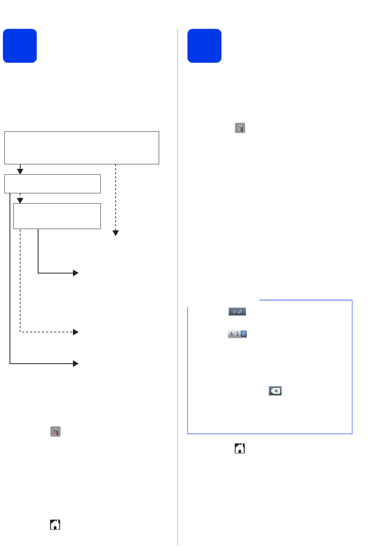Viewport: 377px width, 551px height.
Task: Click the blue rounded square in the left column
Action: [x=20, y=46]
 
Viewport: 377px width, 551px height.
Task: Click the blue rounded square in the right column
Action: [x=204, y=46]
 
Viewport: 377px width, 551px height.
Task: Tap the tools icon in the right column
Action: [x=240, y=128]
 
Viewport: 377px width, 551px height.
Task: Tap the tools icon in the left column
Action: [x=55, y=432]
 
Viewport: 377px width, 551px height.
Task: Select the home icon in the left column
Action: [x=55, y=524]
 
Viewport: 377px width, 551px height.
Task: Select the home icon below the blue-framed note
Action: [x=240, y=448]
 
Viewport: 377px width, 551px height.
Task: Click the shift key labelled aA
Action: [x=237, y=311]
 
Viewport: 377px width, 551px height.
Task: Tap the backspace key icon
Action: [x=275, y=391]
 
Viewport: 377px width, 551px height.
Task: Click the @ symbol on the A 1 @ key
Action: [x=244, y=334]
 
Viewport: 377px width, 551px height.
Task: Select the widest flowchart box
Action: [x=82, y=148]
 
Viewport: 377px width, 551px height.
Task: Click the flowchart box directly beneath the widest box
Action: [x=52, y=184]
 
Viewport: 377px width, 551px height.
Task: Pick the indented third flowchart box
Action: [x=57, y=216]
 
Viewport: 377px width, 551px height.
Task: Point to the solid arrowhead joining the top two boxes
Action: [x=20, y=171]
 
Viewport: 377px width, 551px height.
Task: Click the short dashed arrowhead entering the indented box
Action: [x=20, y=200]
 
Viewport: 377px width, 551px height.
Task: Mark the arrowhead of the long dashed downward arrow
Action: [x=115, y=233]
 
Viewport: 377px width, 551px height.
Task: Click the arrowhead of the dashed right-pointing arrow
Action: [x=76, y=332]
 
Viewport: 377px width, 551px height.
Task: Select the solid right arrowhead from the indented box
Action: [x=76, y=273]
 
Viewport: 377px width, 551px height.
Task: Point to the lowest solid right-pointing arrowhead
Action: [x=76, y=364]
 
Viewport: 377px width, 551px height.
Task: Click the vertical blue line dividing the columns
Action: [x=177, y=287]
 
